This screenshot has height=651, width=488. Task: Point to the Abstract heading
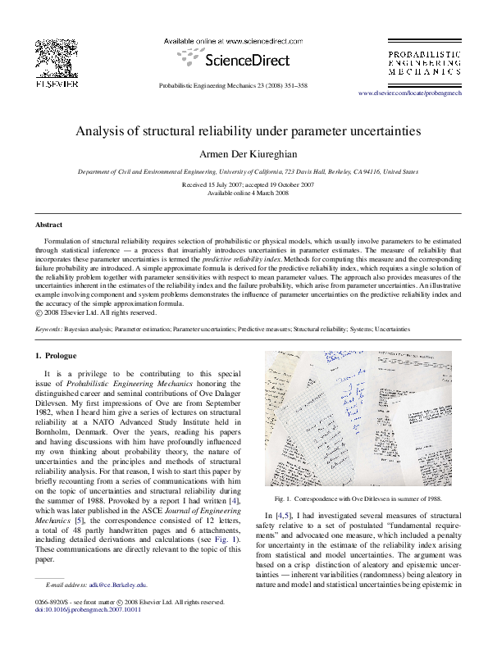50,224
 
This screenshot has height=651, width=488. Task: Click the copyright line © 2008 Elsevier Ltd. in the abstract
96,312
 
